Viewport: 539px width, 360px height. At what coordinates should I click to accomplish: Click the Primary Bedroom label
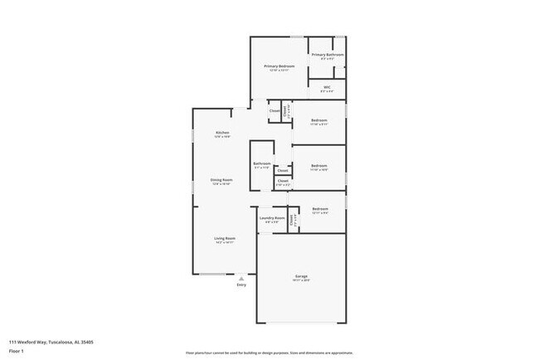pos(279,66)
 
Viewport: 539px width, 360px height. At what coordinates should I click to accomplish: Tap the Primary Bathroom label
pos(328,55)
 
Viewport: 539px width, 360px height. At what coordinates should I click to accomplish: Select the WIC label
pos(328,87)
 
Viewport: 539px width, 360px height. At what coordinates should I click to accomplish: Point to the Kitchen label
pos(222,133)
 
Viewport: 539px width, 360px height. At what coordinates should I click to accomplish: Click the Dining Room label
pos(221,180)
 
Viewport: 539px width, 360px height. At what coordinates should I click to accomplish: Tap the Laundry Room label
pos(273,218)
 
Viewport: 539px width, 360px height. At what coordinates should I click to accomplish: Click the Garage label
pos(301,276)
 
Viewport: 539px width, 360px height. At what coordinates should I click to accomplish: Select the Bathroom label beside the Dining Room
pos(262,163)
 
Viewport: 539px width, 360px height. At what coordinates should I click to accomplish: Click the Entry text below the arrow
pos(241,285)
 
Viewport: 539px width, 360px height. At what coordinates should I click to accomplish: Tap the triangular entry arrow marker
pos(241,278)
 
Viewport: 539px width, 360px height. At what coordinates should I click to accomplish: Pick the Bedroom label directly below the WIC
pos(319,120)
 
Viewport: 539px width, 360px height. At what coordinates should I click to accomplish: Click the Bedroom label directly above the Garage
pos(320,209)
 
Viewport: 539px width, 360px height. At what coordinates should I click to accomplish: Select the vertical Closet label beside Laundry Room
pos(292,221)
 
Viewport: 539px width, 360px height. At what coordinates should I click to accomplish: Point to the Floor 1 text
pos(17,351)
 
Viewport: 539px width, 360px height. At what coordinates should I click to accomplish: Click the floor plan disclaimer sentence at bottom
pos(269,353)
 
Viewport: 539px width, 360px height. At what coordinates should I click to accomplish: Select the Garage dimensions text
pos(301,281)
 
